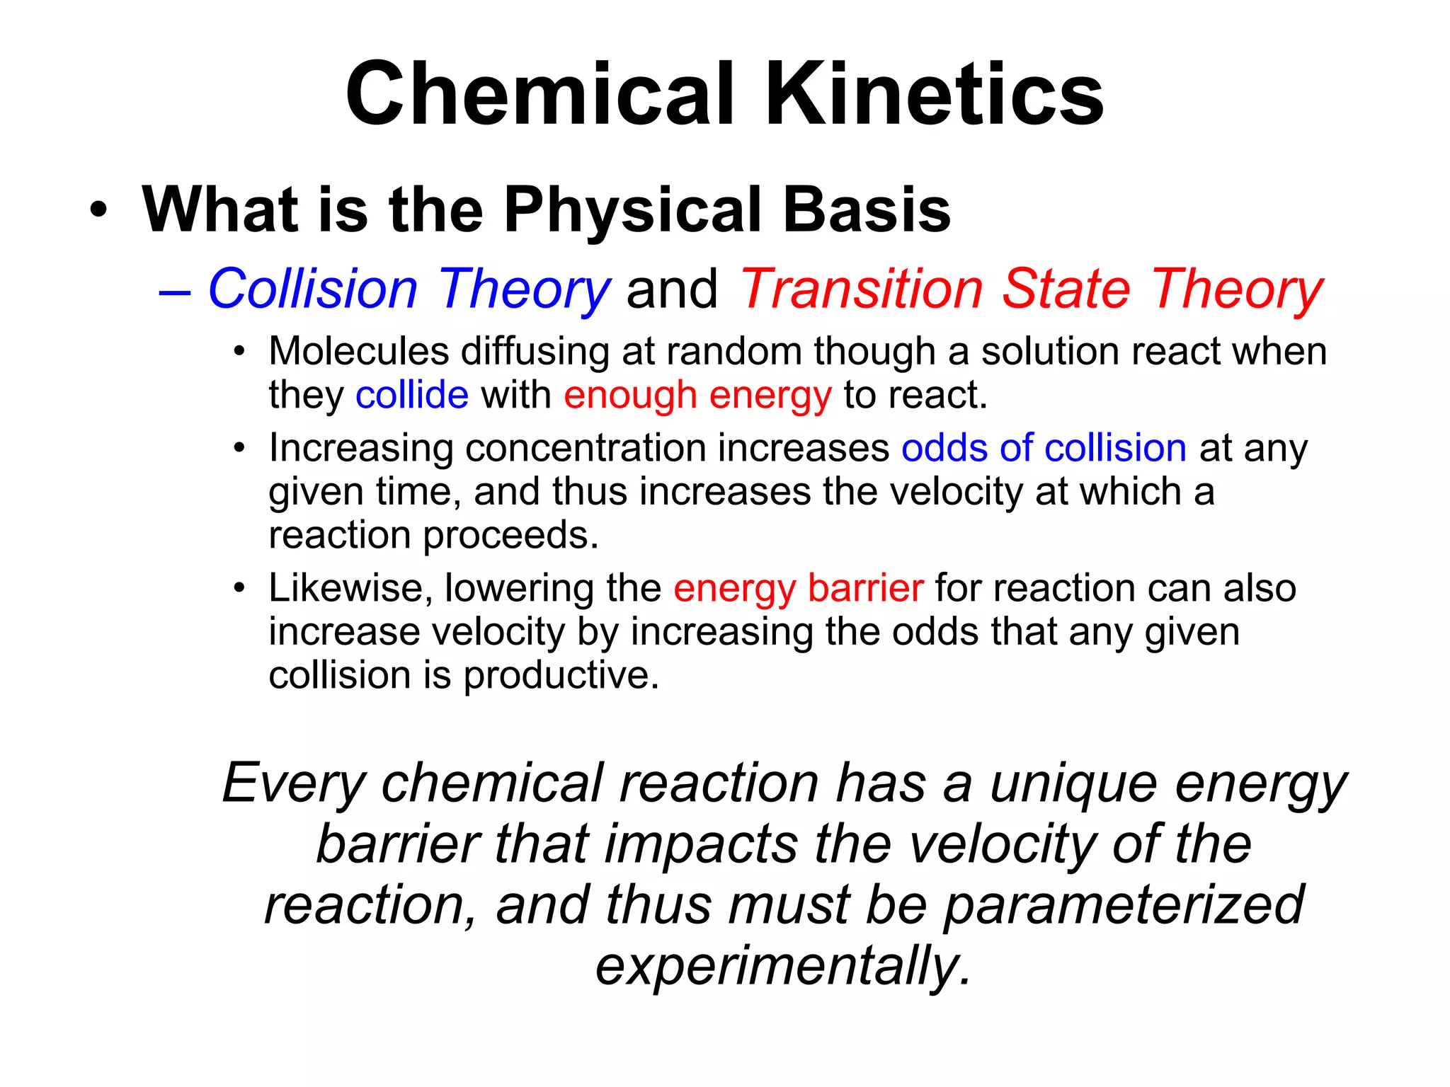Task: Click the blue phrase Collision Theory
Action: [409, 289]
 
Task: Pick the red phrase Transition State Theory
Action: [1031, 289]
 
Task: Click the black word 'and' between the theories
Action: [672, 289]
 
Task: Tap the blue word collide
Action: [411, 395]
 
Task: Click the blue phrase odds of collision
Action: [1044, 448]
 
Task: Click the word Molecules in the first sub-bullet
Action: [359, 351]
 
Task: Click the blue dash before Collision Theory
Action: [175, 291]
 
